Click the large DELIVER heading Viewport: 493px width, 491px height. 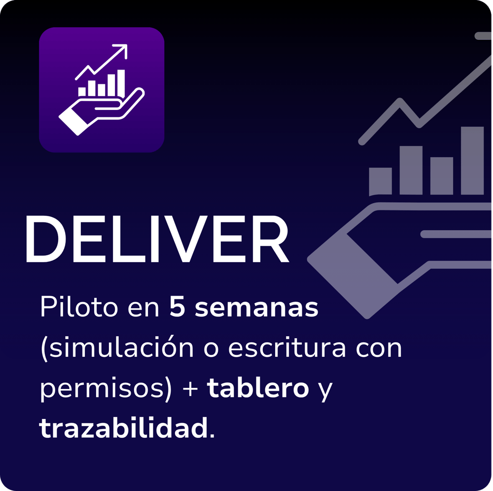point(157,240)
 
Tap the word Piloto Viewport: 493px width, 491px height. point(78,309)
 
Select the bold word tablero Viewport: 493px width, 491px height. point(258,389)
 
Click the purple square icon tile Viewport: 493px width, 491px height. point(102,90)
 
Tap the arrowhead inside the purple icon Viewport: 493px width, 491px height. point(122,50)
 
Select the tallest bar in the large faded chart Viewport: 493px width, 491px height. point(472,161)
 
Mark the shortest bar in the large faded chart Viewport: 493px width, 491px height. point(380,181)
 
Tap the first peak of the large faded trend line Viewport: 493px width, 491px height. point(400,103)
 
